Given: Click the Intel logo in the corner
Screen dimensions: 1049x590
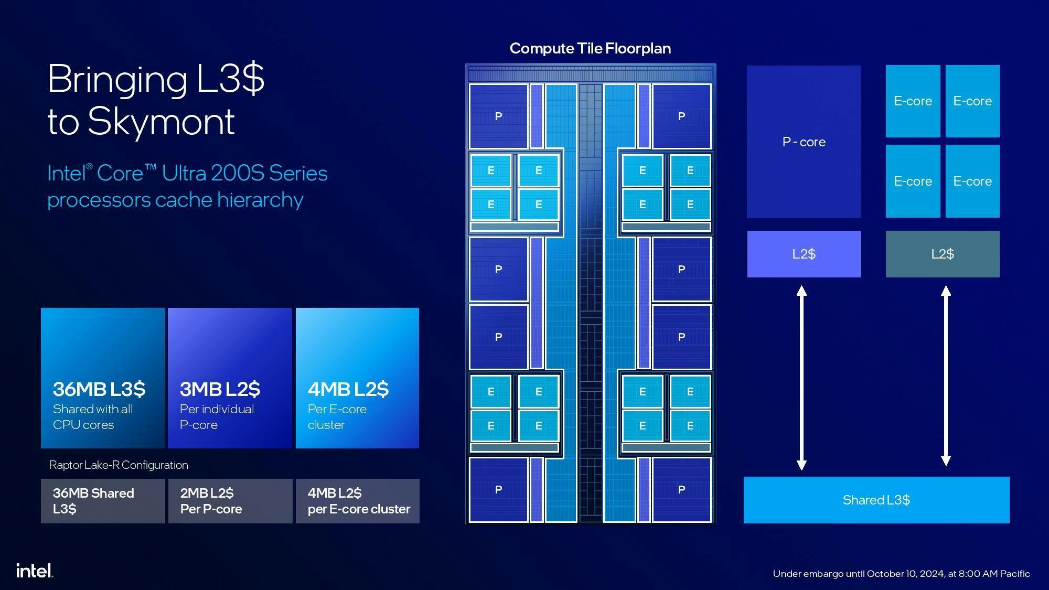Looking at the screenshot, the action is pos(35,571).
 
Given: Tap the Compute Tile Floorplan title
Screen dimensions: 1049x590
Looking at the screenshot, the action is pos(590,49).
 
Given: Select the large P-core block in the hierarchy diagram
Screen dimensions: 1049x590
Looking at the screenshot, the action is pos(804,142).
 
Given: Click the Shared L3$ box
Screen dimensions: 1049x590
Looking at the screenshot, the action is pos(876,500).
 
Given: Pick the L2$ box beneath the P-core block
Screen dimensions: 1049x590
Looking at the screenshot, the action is pos(804,254).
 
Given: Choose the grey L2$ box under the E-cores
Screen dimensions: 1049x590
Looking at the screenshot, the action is pos(943,254).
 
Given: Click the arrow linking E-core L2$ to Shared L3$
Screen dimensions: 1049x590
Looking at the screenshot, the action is pos(946,376).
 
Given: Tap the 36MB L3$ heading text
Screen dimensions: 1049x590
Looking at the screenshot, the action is pos(99,389).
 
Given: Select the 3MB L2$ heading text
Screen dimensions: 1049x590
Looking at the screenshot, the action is pos(220,389).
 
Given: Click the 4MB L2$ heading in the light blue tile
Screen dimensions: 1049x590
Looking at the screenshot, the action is pos(348,389).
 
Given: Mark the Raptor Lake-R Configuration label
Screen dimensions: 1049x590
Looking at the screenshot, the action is pos(119,465).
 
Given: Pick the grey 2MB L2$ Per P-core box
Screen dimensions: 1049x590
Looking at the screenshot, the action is pos(230,501).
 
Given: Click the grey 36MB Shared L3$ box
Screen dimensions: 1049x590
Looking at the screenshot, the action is pos(103,501).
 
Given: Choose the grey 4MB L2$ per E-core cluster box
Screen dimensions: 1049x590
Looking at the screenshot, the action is pos(358,501).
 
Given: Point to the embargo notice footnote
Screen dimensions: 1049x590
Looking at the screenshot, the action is pos(901,574).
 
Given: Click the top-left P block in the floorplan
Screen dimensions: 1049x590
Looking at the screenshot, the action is pos(498,116).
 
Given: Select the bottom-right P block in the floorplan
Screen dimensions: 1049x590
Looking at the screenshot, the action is pos(681,490).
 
